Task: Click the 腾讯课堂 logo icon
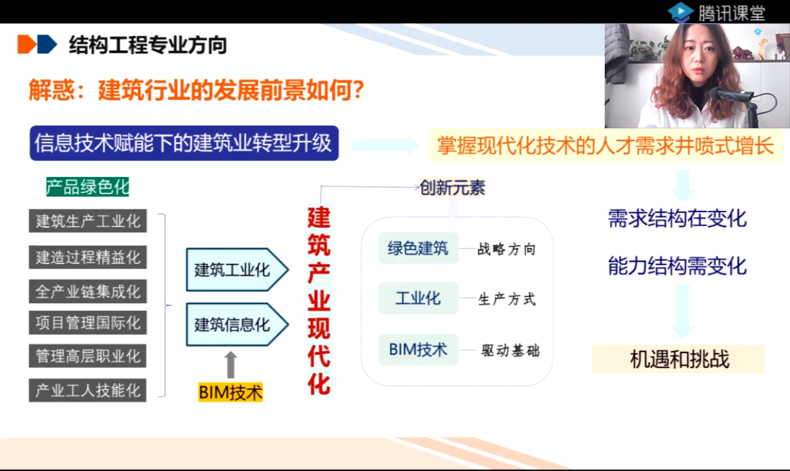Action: (x=679, y=12)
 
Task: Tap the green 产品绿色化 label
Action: (x=87, y=187)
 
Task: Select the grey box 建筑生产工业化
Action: (x=87, y=221)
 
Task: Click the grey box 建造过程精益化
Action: (x=87, y=257)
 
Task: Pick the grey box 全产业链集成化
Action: (x=87, y=291)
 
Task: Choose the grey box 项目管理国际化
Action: (x=87, y=323)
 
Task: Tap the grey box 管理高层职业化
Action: (x=87, y=356)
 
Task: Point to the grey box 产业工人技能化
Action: (x=87, y=391)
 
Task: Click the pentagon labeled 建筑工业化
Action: (x=237, y=270)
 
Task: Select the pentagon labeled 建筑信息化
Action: (x=237, y=325)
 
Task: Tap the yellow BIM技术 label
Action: (x=230, y=392)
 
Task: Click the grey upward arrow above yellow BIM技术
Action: (x=230, y=365)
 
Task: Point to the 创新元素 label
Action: (x=452, y=188)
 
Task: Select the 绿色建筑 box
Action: (x=418, y=248)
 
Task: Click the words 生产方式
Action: (x=507, y=299)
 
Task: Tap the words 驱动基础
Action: (x=510, y=350)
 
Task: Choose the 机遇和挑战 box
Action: (x=678, y=359)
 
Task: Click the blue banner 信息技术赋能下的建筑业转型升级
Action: (x=184, y=143)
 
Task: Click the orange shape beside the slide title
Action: (x=27, y=44)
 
